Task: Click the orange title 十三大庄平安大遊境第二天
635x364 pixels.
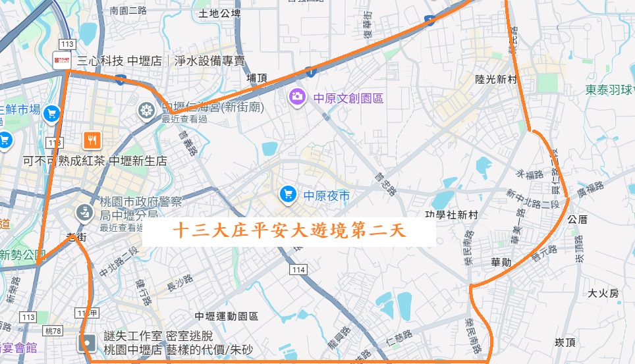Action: [x=289, y=231]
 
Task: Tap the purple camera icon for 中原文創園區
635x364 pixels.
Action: [x=298, y=97]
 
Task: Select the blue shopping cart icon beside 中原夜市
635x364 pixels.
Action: [x=287, y=194]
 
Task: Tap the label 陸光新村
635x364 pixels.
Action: [x=497, y=79]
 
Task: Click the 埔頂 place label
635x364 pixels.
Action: [x=257, y=78]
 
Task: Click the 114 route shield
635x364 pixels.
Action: [x=298, y=270]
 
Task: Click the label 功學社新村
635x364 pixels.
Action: [x=451, y=215]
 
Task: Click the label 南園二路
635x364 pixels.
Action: [x=128, y=11]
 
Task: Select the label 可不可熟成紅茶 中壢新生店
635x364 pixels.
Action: [x=95, y=161]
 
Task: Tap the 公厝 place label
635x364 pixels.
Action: [x=576, y=219]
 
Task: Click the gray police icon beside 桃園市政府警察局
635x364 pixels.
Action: [x=84, y=212]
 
